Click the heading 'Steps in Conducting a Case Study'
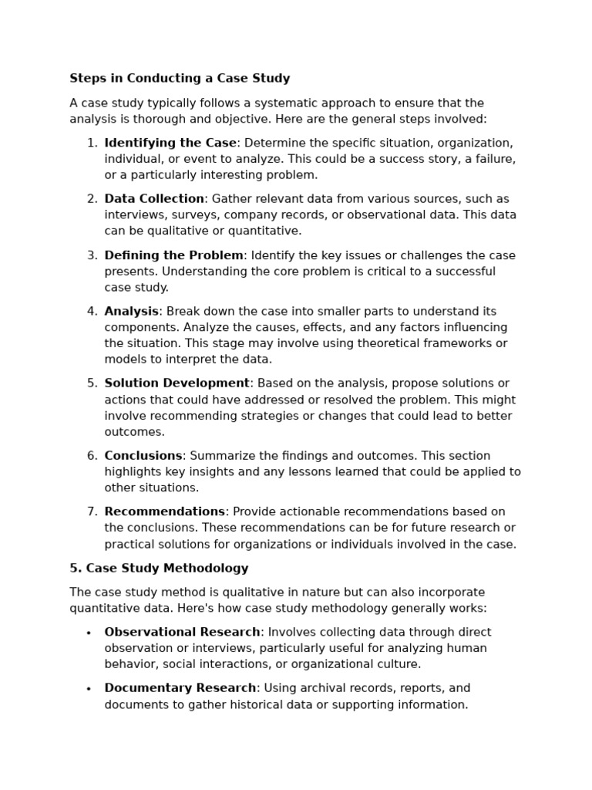pyautogui.click(x=180, y=78)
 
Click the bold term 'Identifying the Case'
pyautogui.click(x=170, y=143)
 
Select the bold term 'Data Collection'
pyautogui.click(x=154, y=199)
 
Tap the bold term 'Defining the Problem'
pyautogui.click(x=173, y=255)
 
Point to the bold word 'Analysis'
pyautogui.click(x=131, y=311)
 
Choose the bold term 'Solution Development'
pyautogui.click(x=177, y=383)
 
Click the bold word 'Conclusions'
pyautogui.click(x=143, y=456)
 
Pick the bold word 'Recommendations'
pyautogui.click(x=164, y=511)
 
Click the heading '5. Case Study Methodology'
pyautogui.click(x=159, y=569)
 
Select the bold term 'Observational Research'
pyautogui.click(x=182, y=632)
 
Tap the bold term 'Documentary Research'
pyautogui.click(x=180, y=688)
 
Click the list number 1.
pyautogui.click(x=92, y=143)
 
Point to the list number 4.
pyautogui.click(x=92, y=311)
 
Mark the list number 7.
pyautogui.click(x=92, y=511)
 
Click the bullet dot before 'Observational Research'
pyautogui.click(x=89, y=633)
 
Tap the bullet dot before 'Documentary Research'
pyautogui.click(x=89, y=689)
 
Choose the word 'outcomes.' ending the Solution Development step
pyautogui.click(x=134, y=432)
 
